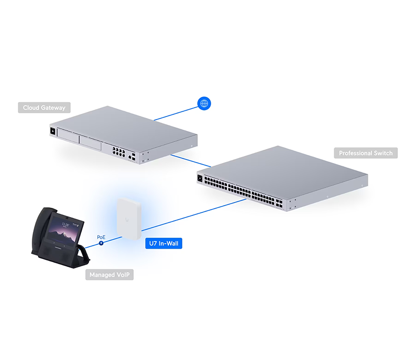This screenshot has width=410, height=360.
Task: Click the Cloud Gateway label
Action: (44, 108)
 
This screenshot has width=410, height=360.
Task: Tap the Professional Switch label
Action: (365, 153)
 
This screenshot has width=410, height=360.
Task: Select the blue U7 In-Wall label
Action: (163, 243)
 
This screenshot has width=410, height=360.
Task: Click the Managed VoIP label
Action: (109, 275)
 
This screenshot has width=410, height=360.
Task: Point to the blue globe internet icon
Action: (204, 104)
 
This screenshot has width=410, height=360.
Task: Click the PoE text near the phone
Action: (101, 237)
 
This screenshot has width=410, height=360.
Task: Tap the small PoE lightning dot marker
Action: (101, 243)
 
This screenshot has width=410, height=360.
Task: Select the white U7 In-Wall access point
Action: (129, 219)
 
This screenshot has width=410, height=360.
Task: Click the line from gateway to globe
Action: (176, 113)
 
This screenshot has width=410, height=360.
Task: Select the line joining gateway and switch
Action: (191, 161)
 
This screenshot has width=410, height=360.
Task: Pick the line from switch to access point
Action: (194, 215)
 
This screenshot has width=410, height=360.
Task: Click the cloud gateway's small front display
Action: (53, 131)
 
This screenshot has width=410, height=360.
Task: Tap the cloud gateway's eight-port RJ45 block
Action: (119, 152)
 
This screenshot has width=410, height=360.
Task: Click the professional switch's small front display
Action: (200, 178)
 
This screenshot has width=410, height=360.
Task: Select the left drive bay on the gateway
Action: (68, 136)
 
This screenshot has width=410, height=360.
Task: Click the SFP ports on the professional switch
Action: (279, 204)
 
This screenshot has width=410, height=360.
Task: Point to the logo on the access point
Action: (127, 219)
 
